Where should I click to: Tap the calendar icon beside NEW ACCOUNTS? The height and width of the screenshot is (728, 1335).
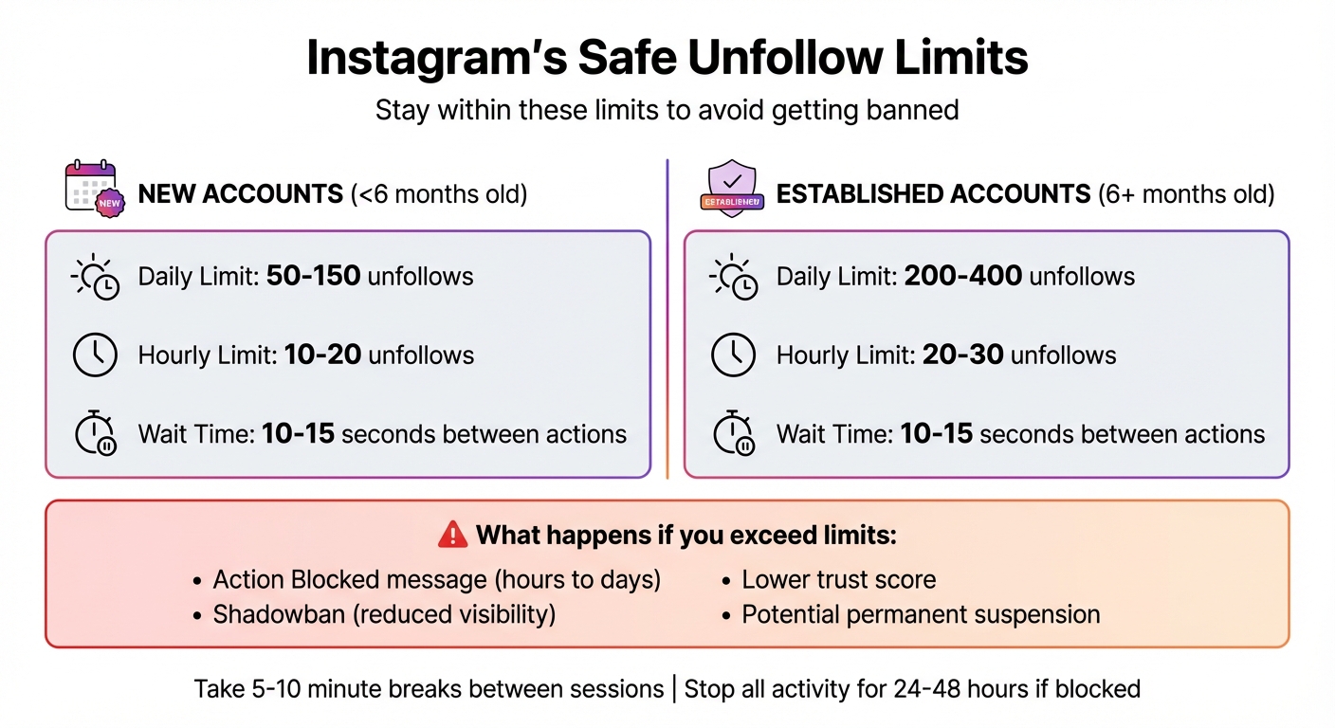[91, 187]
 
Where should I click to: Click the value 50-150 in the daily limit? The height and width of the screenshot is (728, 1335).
[313, 277]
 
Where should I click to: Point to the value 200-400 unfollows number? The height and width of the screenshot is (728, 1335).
[962, 277]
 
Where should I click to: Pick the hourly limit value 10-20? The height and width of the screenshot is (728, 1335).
[322, 355]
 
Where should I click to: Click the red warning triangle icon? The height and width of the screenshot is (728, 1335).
[453, 535]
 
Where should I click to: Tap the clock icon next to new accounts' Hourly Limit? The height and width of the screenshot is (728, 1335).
[95, 355]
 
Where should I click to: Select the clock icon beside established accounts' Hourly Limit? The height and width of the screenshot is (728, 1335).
[733, 355]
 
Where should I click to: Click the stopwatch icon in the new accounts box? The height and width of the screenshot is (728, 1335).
[95, 434]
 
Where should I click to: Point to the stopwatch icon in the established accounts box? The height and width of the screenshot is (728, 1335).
[733, 434]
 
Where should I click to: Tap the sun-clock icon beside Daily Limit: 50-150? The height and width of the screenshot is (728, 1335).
[95, 277]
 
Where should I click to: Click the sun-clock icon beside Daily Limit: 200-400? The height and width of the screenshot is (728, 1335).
[733, 277]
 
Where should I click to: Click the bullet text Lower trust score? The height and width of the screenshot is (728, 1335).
[838, 580]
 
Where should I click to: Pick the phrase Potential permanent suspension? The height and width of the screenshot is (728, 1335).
[921, 614]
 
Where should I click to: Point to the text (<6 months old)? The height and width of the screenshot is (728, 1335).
[439, 195]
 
